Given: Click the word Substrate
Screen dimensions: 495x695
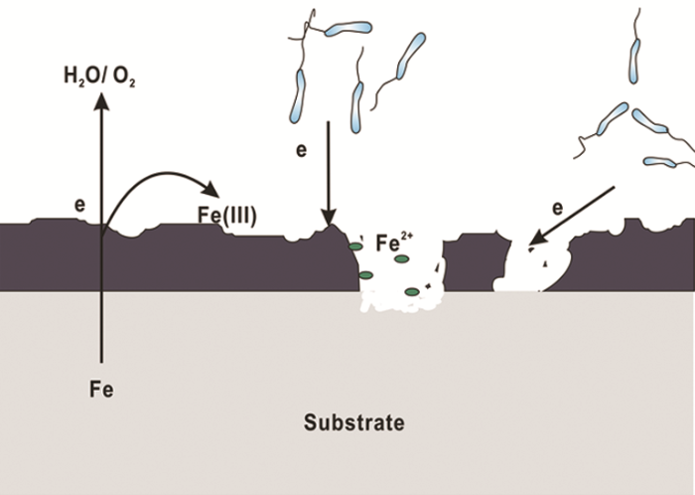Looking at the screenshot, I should click(x=353, y=423).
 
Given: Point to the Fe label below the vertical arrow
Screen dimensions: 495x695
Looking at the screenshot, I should click(x=101, y=389).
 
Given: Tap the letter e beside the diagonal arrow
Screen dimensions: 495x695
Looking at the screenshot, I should click(x=558, y=209).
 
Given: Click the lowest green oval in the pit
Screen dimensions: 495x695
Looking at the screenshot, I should click(x=412, y=291).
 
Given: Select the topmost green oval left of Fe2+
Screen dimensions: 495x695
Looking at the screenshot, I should click(x=354, y=246).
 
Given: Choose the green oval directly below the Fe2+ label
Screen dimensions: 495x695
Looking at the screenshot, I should click(x=401, y=259).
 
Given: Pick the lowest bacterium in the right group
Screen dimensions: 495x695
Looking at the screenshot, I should click(x=659, y=161).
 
